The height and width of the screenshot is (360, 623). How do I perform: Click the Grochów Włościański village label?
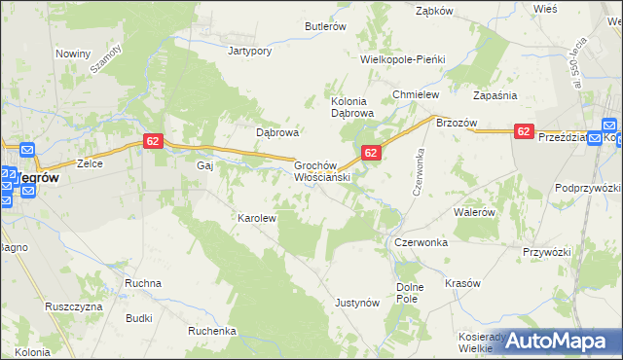pyautogui.click(x=321, y=172)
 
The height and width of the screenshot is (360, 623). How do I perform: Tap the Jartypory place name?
pyautogui.click(x=248, y=50)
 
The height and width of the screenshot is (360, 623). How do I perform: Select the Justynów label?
pyautogui.click(x=356, y=303)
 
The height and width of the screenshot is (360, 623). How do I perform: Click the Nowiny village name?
pyautogui.click(x=72, y=54)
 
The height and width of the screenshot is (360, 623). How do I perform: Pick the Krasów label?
pyautogui.click(x=462, y=283)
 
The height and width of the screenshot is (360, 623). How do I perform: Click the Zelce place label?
pyautogui.click(x=91, y=164)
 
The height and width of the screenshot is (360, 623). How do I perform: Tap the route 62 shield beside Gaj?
pyautogui.click(x=152, y=141)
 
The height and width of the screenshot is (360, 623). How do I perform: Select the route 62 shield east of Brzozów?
pyautogui.click(x=524, y=131)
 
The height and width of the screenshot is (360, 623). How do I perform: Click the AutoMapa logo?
pyautogui.click(x=562, y=341)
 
